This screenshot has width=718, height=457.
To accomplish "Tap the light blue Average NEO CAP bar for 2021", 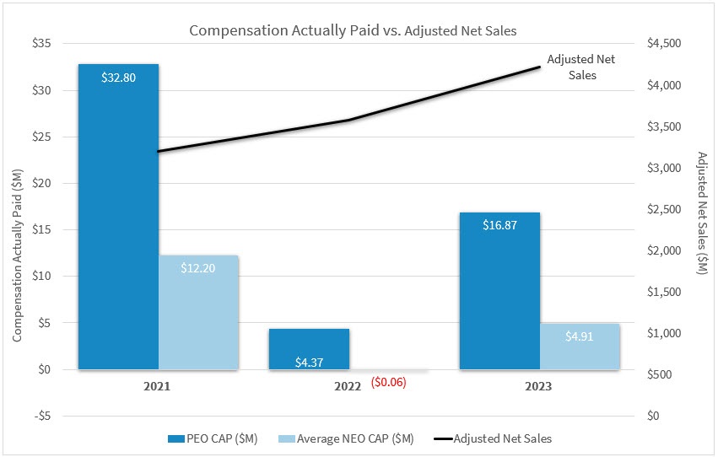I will (x=198, y=312).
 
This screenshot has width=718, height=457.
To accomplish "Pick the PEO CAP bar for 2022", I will (x=309, y=347).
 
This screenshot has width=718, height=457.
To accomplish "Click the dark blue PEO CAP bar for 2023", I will (x=499, y=291).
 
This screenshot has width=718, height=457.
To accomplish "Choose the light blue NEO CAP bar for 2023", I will (x=580, y=346).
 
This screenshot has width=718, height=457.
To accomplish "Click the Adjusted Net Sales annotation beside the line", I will (x=571, y=67).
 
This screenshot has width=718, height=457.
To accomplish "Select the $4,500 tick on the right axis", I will (x=663, y=44).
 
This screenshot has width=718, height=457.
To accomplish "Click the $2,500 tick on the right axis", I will (x=663, y=209).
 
